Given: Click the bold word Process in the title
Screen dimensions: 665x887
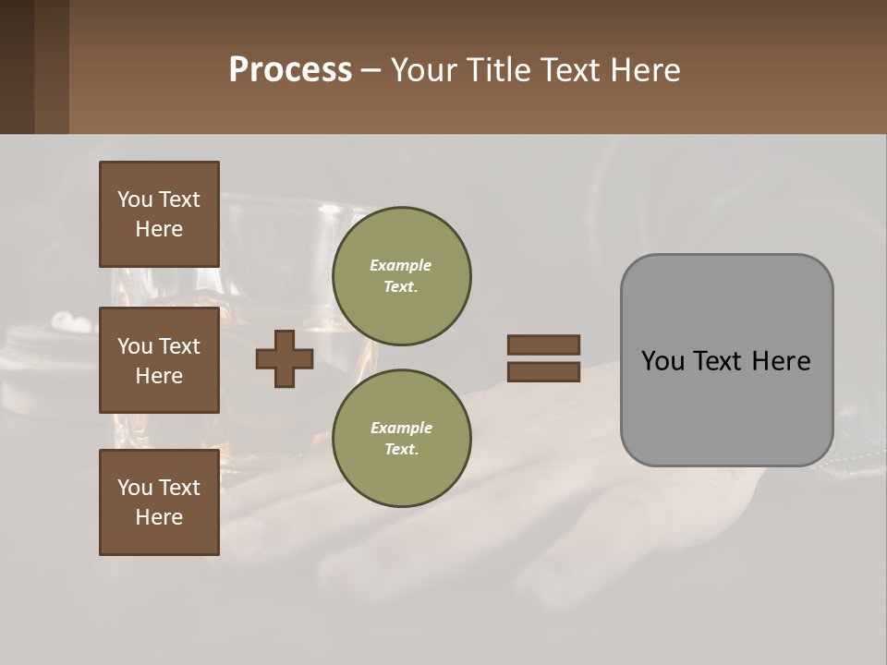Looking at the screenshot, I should tap(290, 70).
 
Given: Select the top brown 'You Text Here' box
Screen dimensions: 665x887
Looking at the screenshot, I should tap(159, 214).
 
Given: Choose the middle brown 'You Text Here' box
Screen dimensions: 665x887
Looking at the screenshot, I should tap(159, 360).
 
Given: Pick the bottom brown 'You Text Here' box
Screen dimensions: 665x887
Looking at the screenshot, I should tap(159, 502).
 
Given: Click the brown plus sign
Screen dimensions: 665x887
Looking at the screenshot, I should tap(285, 358).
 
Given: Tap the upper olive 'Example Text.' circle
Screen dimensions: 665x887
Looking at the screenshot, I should tap(401, 276).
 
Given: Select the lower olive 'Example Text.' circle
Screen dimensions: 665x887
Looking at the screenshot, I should tap(401, 439).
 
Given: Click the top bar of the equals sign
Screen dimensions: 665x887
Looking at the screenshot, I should tap(543, 345).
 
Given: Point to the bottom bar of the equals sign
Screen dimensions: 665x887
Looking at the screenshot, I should tap(543, 372).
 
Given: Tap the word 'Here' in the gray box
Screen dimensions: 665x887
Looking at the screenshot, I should tap(781, 361).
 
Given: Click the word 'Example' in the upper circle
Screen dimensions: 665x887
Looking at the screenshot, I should tap(401, 265).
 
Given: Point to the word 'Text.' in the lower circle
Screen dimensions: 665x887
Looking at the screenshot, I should tap(401, 450).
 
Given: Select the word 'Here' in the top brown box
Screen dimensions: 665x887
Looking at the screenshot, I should tap(159, 229).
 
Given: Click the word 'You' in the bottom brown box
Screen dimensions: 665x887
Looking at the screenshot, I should tap(135, 488).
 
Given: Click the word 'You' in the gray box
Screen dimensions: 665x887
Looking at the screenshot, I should tap(662, 361).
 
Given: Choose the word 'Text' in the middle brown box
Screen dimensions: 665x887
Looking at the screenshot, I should tap(179, 346).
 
